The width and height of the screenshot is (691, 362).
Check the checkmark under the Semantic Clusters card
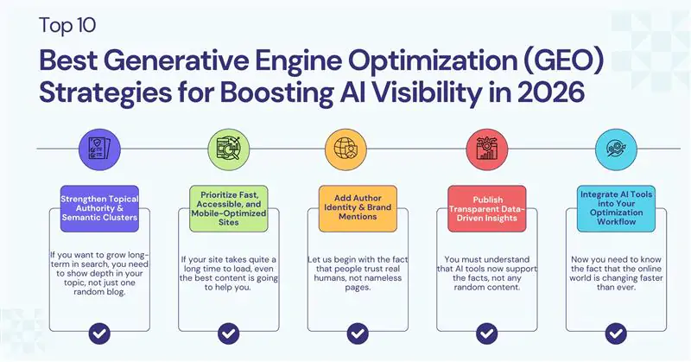tap(99, 333)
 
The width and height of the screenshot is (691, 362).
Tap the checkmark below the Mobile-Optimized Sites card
tap(228, 333)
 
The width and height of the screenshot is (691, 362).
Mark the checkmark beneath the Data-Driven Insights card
tap(486, 333)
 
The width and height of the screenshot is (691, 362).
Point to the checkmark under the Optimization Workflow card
tap(616, 333)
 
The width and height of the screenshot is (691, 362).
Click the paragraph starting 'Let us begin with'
tap(358, 275)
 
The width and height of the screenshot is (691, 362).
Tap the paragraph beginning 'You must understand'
tap(486, 275)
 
